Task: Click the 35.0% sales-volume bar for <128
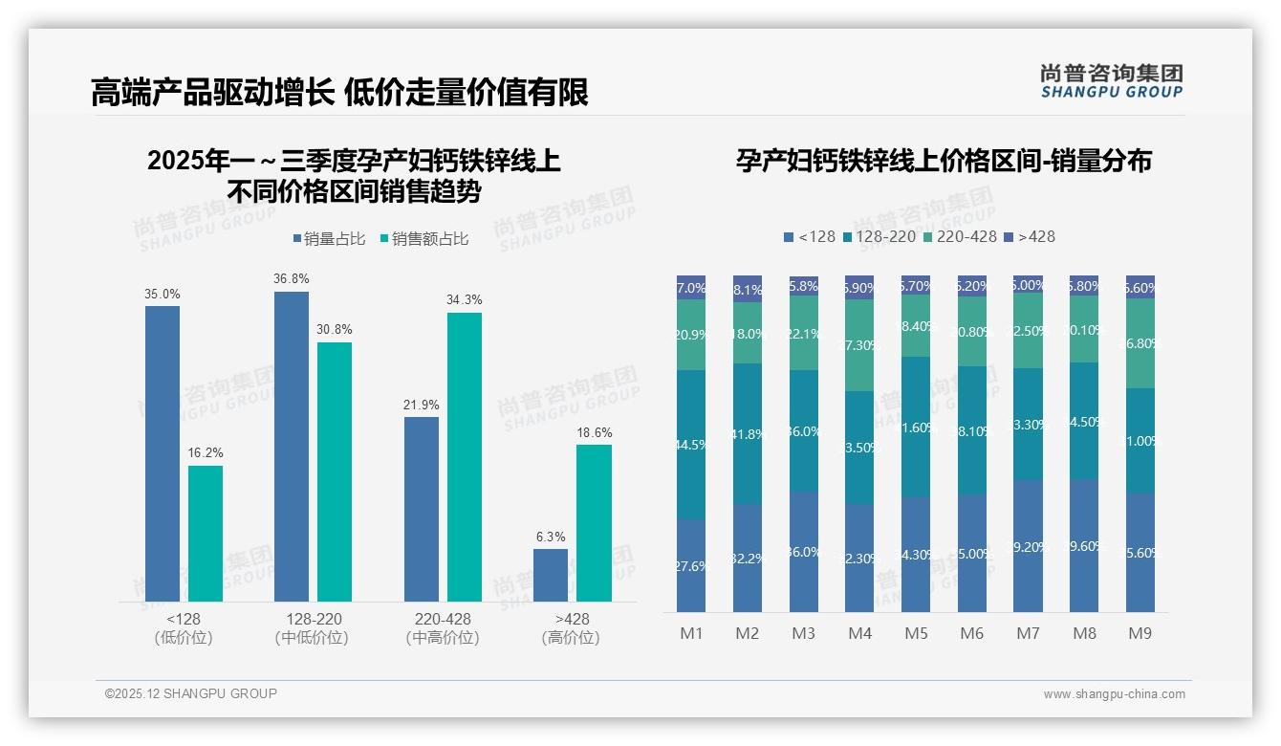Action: pyautogui.click(x=163, y=453)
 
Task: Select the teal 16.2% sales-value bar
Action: pyautogui.click(x=206, y=534)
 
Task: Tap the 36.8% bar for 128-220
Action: pyautogui.click(x=292, y=446)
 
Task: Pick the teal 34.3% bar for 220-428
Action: pyautogui.click(x=465, y=457)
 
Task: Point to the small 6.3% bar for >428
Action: pyautogui.click(x=551, y=575)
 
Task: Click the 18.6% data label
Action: pyautogui.click(x=594, y=433)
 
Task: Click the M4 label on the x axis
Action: pyautogui.click(x=859, y=633)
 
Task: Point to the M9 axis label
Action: pyautogui.click(x=1140, y=633)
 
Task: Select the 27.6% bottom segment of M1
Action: pyautogui.click(x=691, y=565)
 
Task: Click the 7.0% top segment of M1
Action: pyautogui.click(x=691, y=287)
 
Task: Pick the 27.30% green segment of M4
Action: pyautogui.click(x=859, y=344)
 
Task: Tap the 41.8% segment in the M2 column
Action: pyautogui.click(x=748, y=433)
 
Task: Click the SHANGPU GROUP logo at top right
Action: pyautogui.click(x=1111, y=80)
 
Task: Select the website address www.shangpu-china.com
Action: pyautogui.click(x=1114, y=694)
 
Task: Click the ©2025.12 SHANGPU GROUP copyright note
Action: pyautogui.click(x=191, y=693)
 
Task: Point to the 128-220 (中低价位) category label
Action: pyautogui.click(x=312, y=628)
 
